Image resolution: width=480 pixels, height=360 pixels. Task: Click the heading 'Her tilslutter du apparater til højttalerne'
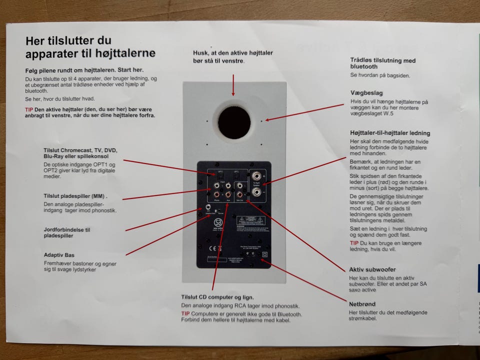click(x=90, y=47)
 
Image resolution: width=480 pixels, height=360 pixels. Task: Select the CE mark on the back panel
click(x=212, y=248)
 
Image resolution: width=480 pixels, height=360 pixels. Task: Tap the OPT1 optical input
click(x=220, y=175)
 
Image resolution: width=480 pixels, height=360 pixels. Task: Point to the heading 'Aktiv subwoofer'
click(x=372, y=269)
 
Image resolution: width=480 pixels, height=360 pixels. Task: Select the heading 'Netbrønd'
click(x=362, y=304)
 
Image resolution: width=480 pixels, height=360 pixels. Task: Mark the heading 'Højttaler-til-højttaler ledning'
click(x=390, y=133)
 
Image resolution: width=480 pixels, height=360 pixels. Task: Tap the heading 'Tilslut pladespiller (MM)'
click(x=75, y=195)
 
